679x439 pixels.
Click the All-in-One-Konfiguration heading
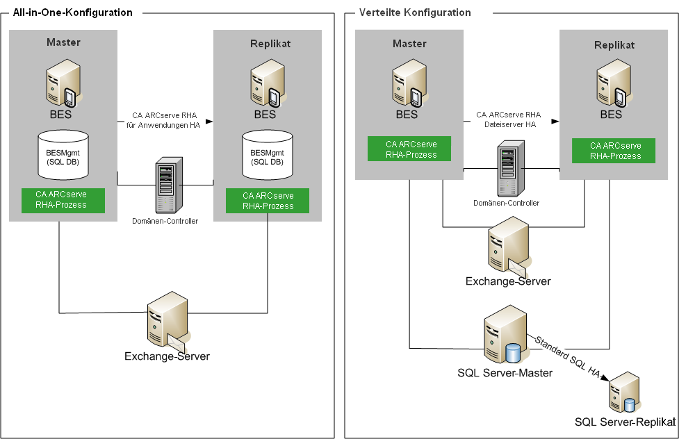[x=72, y=13]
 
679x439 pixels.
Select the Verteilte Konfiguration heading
[x=415, y=13]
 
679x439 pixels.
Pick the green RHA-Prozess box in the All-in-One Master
[x=63, y=200]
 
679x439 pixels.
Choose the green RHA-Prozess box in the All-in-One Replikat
[x=268, y=201]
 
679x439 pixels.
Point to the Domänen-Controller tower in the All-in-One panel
[x=165, y=185]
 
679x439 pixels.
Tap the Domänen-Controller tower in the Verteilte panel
[x=506, y=169]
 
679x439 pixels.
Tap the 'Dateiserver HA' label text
[x=508, y=125]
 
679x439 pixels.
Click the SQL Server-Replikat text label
[x=625, y=422]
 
